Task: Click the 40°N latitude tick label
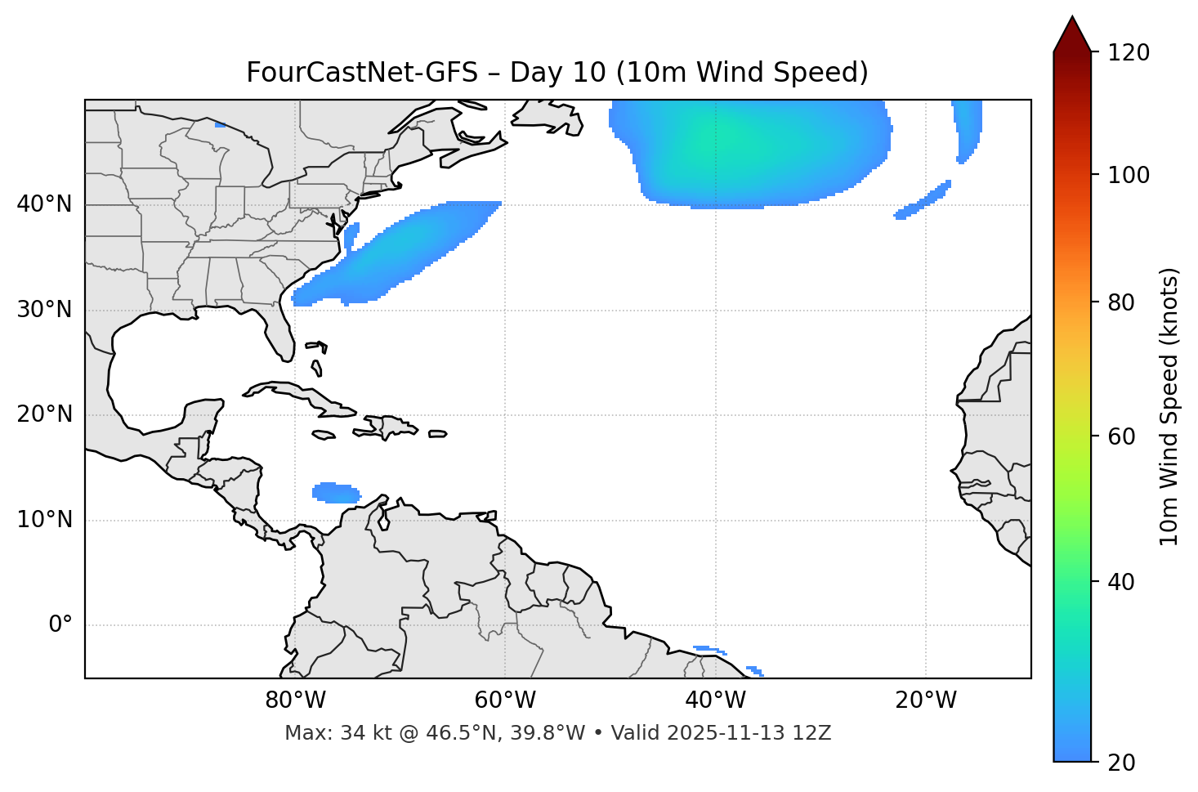coord(44,204)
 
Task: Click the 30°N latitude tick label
coord(44,310)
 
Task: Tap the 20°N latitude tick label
coord(44,415)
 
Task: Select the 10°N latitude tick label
coord(44,520)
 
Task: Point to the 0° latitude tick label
coord(60,625)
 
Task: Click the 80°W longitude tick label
coord(295,700)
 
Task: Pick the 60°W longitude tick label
coord(505,700)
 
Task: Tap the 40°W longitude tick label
coord(715,700)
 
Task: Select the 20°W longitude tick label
coord(926,700)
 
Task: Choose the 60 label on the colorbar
coord(1120,436)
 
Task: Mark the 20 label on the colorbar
coord(1120,763)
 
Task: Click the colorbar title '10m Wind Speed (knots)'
coord(1169,406)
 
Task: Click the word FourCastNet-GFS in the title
coord(362,73)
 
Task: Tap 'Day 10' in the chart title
coord(558,73)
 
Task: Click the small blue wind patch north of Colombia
coord(336,493)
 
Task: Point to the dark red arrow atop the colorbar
coord(1072,34)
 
